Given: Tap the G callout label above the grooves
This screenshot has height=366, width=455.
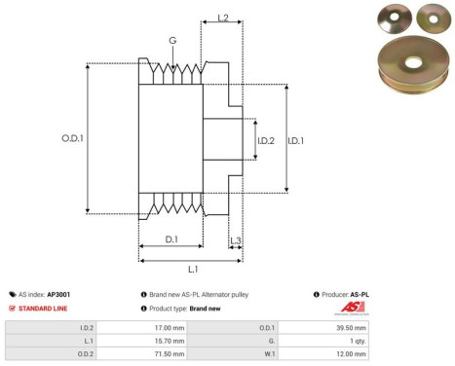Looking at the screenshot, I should tap(172, 41).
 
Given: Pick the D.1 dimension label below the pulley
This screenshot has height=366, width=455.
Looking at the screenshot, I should tap(171, 238).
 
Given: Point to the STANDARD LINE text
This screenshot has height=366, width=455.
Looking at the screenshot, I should tap(43, 309).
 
